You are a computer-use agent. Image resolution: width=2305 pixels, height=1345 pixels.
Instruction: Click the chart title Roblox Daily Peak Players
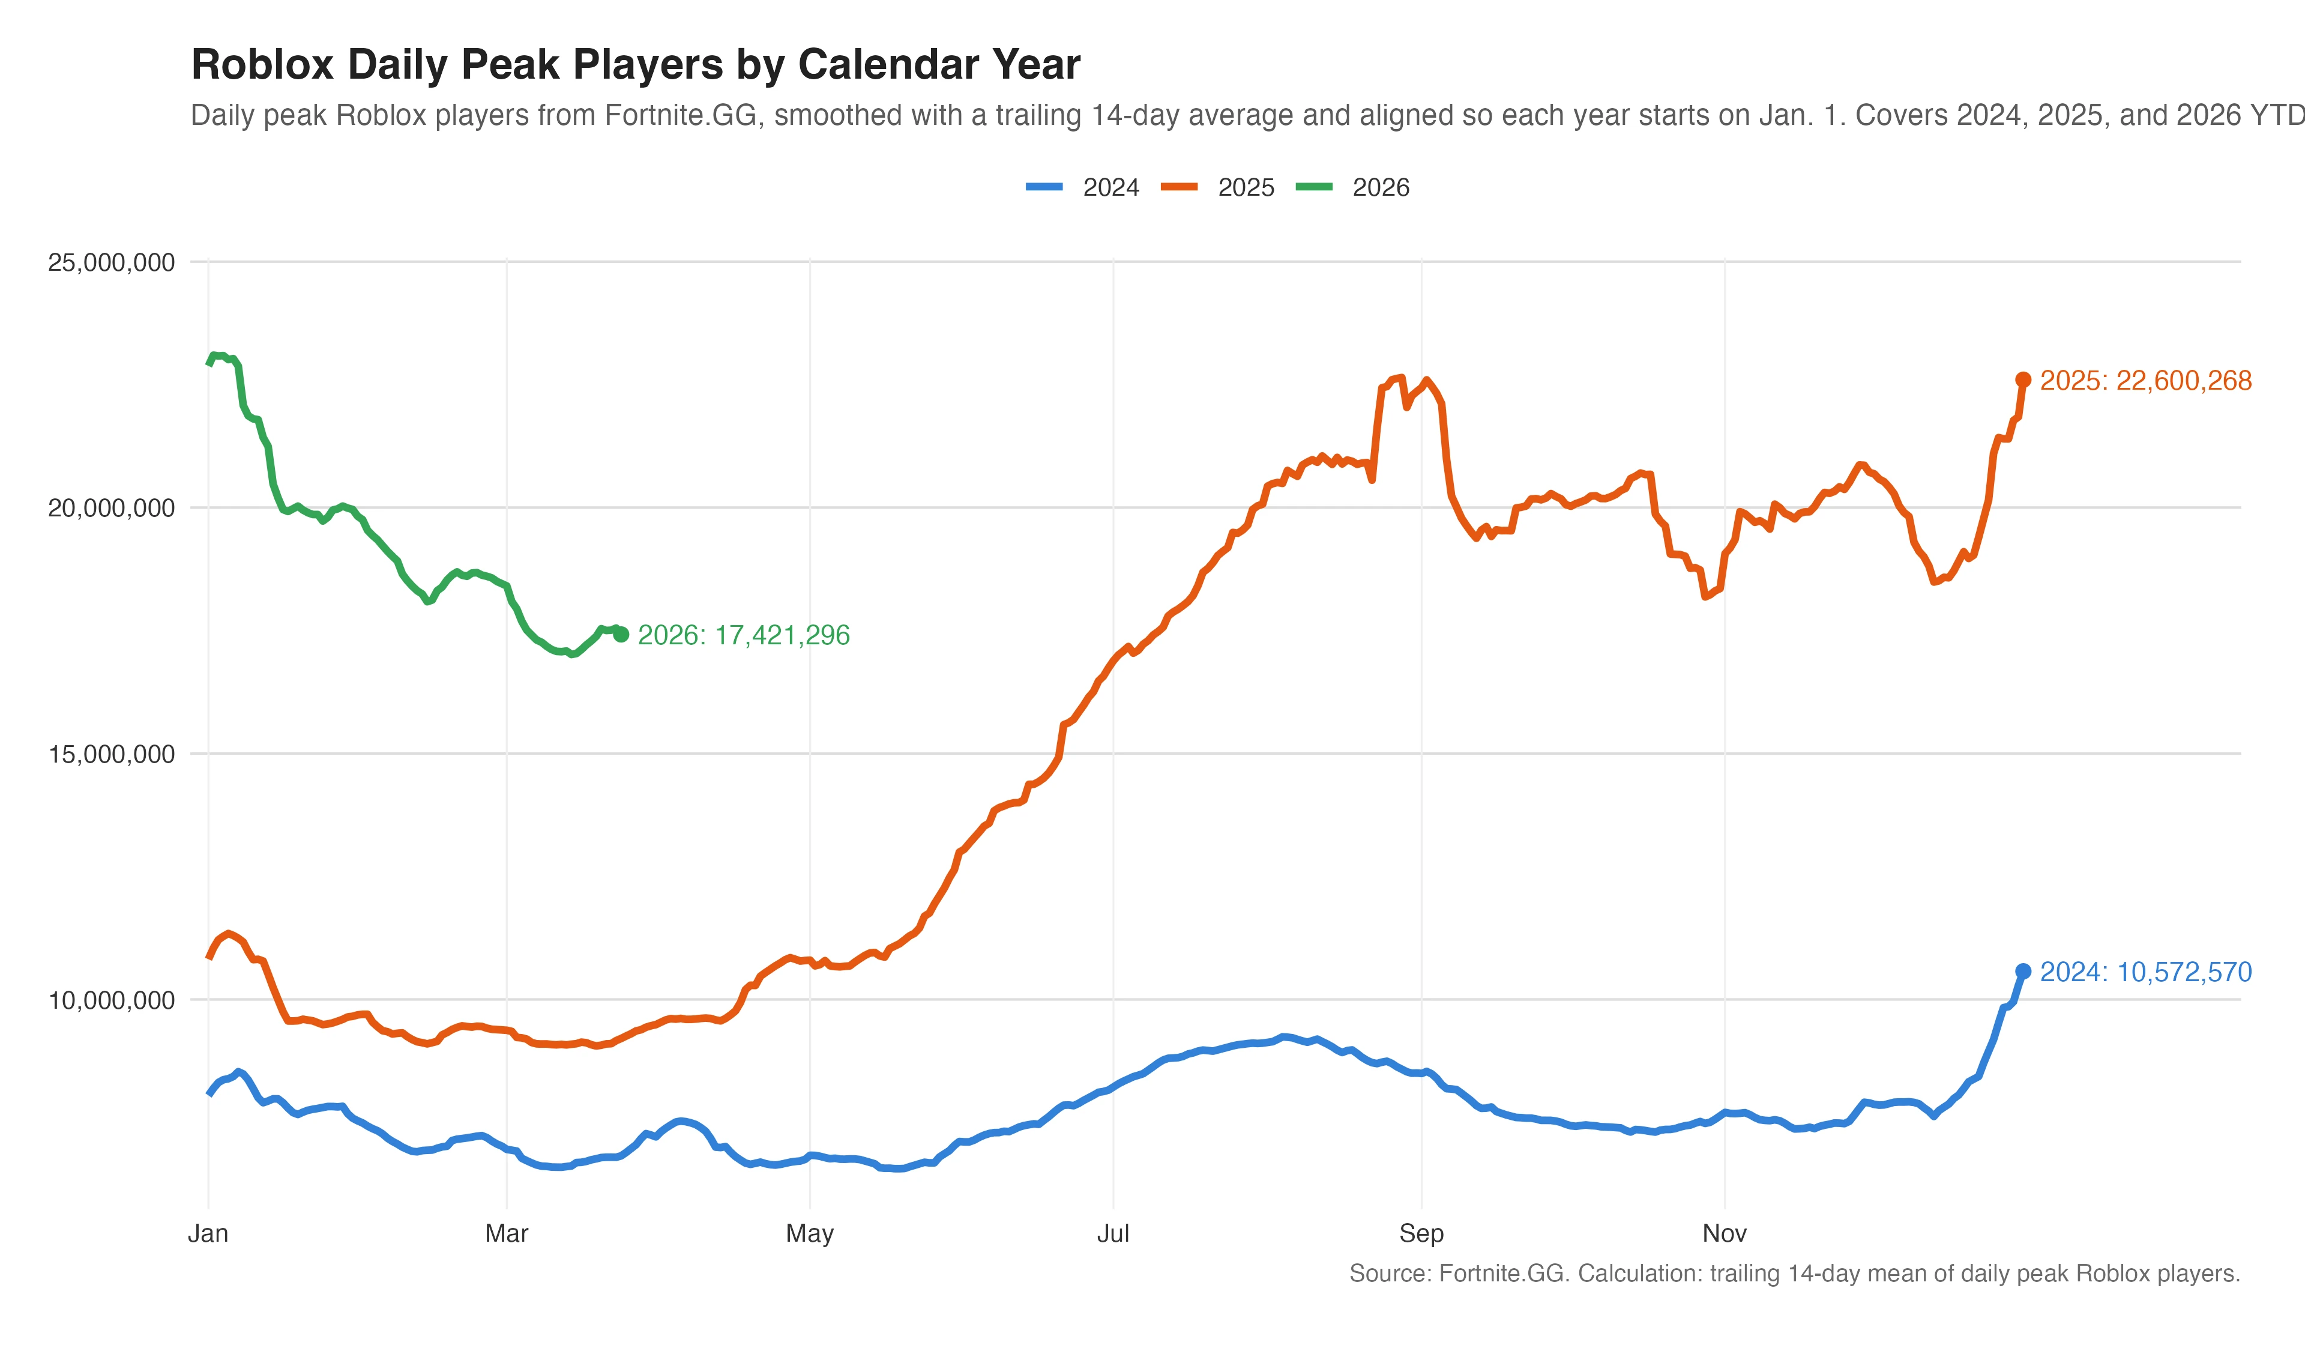pos(635,65)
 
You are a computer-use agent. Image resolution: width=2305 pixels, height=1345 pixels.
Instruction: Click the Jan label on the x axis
pos(208,1233)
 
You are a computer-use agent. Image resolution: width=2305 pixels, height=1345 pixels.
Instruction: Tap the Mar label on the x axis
pos(506,1233)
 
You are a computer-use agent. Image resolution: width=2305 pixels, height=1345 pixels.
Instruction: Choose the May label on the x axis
pos(810,1233)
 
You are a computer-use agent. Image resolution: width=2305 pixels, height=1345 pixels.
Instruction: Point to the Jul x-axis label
pos(1112,1233)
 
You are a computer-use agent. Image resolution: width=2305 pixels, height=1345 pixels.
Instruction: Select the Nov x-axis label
pos(1724,1233)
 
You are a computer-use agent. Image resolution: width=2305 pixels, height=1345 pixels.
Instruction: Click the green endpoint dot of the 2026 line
pos(621,634)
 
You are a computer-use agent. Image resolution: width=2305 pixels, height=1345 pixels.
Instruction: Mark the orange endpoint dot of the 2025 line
pos(2023,379)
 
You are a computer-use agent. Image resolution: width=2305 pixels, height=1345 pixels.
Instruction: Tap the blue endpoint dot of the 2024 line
pos(2023,971)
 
